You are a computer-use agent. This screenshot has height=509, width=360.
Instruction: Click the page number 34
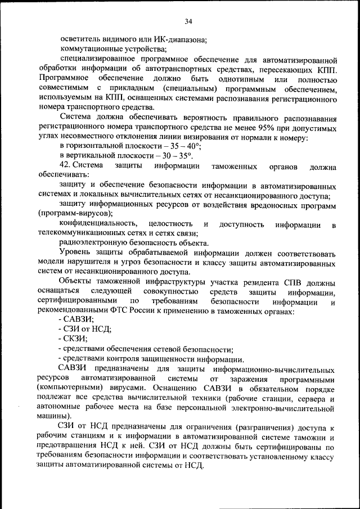[188, 21]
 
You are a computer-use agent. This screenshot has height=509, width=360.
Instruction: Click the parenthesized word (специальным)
[191, 89]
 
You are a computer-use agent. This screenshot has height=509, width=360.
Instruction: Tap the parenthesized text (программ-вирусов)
[75, 214]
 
